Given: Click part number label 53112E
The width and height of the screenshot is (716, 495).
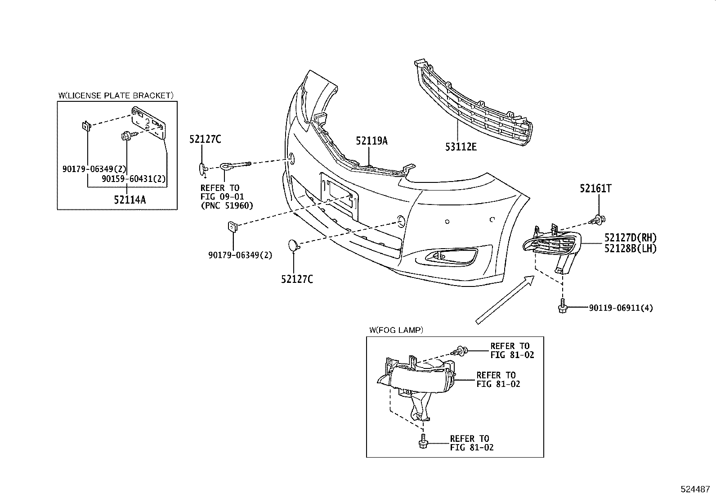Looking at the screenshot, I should (461, 146).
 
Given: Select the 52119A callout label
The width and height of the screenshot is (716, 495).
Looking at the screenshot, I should (371, 141).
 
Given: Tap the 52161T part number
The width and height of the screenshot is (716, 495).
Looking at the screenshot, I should (595, 189).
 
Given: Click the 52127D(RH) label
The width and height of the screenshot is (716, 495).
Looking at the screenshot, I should (631, 237).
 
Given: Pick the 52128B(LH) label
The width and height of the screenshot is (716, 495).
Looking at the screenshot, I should (631, 248).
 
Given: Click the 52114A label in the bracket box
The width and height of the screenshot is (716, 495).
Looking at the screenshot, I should (130, 200).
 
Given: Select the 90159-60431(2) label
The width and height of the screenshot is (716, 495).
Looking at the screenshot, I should (134, 179).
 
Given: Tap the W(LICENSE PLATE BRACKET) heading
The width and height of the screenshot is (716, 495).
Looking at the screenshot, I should (116, 95).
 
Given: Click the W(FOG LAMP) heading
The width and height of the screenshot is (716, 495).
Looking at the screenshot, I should (396, 330).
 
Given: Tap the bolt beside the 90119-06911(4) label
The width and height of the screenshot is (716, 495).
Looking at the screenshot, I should (562, 308).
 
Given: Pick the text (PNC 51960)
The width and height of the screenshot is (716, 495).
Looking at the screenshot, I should (227, 205).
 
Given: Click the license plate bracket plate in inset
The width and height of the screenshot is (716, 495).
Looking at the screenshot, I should (149, 123).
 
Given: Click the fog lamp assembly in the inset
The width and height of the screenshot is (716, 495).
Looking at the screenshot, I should (418, 378).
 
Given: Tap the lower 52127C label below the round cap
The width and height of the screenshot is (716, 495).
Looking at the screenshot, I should (297, 279).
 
